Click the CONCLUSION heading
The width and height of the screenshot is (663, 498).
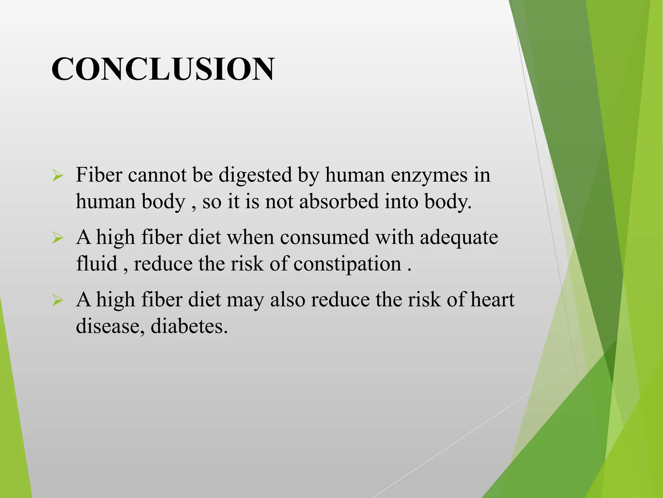[x=163, y=69]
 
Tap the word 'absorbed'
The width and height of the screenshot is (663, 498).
[x=339, y=201]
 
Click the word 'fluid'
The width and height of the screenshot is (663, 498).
[x=96, y=263]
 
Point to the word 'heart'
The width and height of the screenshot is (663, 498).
[x=492, y=300]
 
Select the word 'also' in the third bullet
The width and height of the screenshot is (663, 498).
[x=287, y=300]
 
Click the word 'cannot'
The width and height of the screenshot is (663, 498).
[x=157, y=175]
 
